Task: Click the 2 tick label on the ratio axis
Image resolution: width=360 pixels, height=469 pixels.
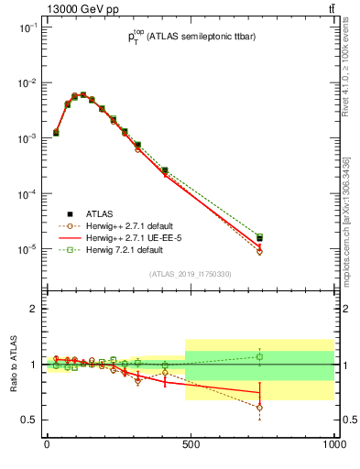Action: point(32,309)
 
